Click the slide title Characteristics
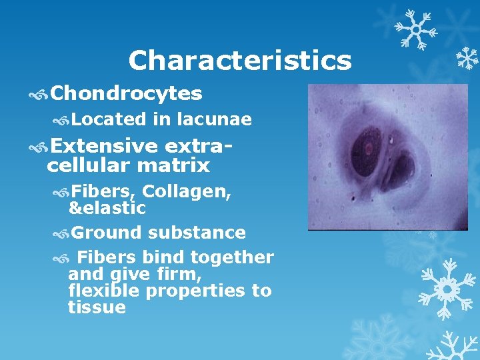pos(239,61)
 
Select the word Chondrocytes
pos(126,94)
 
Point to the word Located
pos(108,119)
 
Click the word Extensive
pos(103,145)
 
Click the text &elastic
pos(107,208)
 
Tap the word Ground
pos(107,233)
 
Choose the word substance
pos(197,233)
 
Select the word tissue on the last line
pos(97,307)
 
